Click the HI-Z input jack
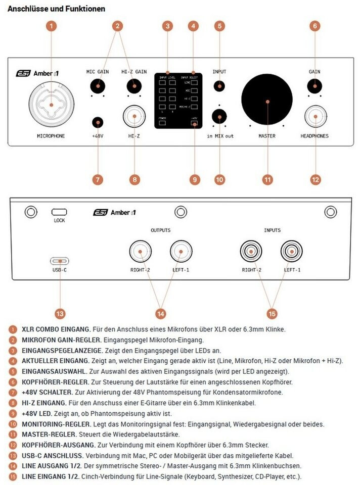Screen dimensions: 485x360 pos(134,117)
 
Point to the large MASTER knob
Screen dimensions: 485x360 pos(267,101)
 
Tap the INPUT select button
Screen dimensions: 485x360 pos(219,86)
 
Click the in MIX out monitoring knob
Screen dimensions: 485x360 pos(219,117)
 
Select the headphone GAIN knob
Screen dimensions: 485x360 pos(314,86)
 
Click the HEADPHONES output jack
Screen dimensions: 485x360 pos(314,117)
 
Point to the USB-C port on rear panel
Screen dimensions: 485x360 pos(59,261)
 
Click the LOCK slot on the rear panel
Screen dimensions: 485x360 pos(59,212)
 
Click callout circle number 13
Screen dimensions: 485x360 pos(59,313)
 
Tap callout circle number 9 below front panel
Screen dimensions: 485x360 pos(195,179)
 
